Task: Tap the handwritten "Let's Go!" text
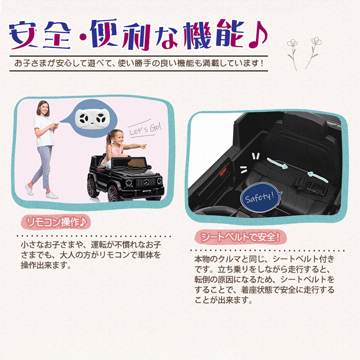click(x=145, y=129)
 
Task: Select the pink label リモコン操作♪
click(x=56, y=222)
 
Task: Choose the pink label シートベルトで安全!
click(x=240, y=237)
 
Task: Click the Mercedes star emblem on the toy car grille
click(x=146, y=183)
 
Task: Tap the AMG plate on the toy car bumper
click(x=147, y=191)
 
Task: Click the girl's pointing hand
click(x=143, y=146)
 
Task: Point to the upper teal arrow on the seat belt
click(x=277, y=163)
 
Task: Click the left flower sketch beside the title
click(x=292, y=54)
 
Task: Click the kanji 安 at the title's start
click(x=24, y=35)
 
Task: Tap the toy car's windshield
click(x=130, y=163)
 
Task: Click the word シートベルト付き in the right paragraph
click(x=303, y=259)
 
